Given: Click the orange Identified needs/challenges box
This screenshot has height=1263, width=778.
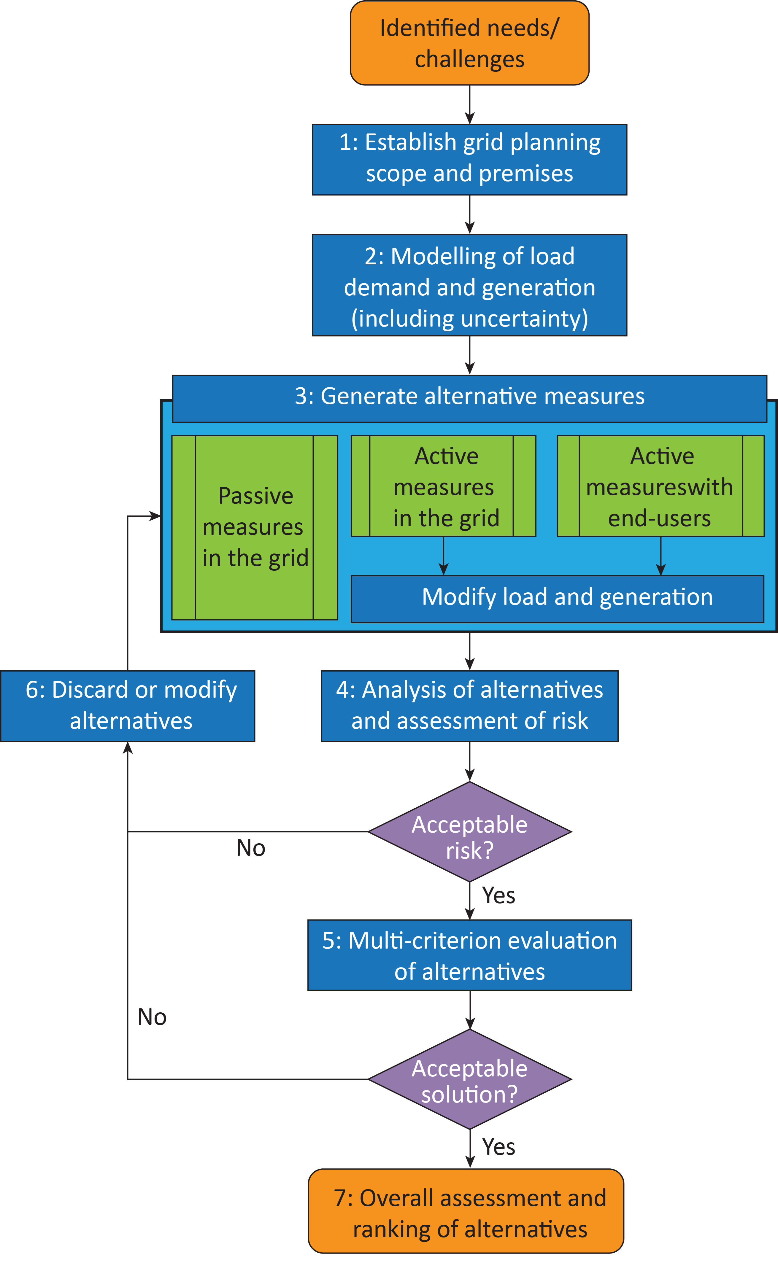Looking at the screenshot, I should pos(469,43).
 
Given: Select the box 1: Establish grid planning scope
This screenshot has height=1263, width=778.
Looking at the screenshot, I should pos(469,159).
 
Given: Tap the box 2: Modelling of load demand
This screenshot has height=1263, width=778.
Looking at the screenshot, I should pos(469,285).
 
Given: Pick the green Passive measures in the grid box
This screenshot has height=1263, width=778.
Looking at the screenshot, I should pos(255,527).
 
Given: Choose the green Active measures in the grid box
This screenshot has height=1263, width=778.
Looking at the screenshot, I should pos(444,486).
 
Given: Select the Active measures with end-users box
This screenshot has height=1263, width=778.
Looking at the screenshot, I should pos(661,486).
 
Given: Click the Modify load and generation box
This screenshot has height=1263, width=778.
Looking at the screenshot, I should pos(557,598).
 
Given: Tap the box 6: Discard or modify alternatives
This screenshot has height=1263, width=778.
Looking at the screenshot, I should pos(128,706).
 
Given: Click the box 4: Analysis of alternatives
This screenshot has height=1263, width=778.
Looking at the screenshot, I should pos(469,706).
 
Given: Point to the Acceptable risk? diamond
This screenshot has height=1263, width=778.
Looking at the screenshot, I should pos(469,831).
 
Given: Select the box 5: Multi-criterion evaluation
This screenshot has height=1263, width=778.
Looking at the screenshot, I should pos(469,955).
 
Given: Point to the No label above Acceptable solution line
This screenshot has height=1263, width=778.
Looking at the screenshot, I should pos(152,1017).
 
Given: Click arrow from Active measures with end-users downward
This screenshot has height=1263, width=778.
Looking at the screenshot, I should pos(661,555).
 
